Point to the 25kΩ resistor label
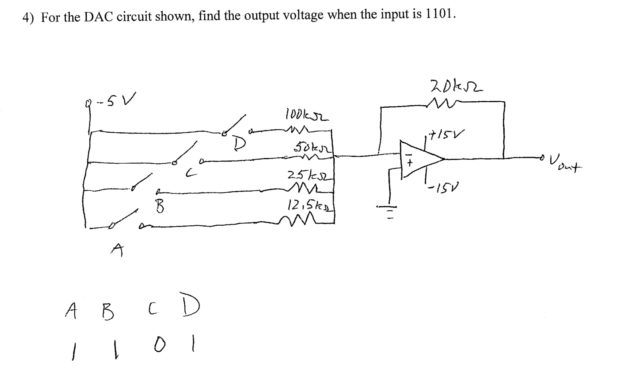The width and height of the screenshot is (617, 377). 309,176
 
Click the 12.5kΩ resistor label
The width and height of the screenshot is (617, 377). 310,205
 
